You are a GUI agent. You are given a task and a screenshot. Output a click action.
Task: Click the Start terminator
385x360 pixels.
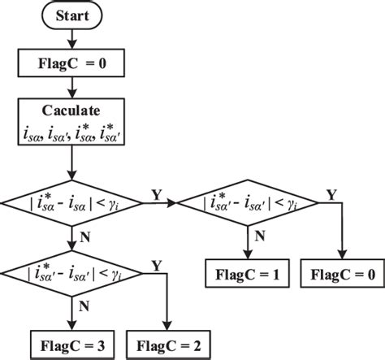73,16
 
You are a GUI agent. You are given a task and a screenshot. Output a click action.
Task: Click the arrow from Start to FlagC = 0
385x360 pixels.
73,38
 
